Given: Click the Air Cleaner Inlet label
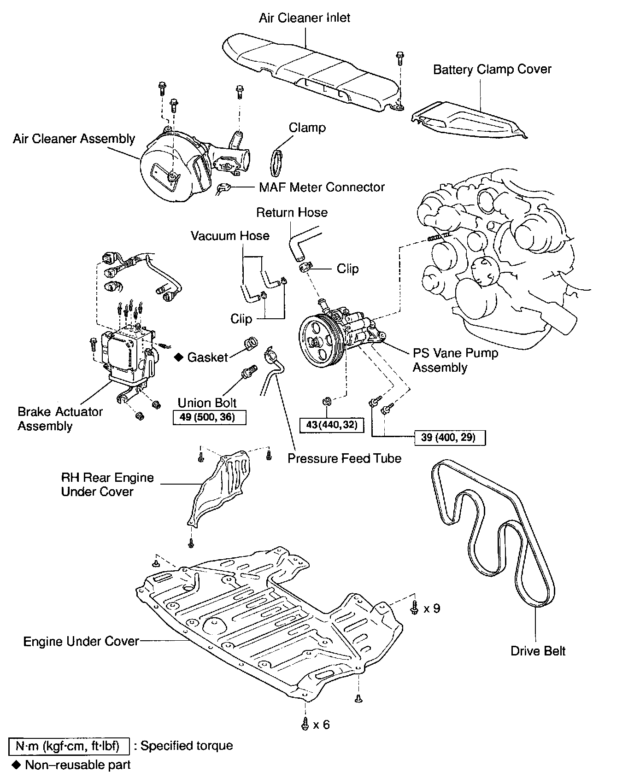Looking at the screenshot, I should coord(304,18).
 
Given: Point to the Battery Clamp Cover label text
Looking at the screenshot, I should coord(492,70).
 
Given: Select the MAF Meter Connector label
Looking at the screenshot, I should coord(322,187).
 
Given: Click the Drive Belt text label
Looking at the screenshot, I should coord(538,651).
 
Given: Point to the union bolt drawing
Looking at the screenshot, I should coord(247,372).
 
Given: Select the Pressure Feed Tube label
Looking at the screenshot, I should coord(344,458).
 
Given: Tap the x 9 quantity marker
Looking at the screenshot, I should coord(431,608).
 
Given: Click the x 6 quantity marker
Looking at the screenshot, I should coord(321,725).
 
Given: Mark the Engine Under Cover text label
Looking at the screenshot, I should coord(81,641).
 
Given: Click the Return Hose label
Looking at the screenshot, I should coord(292,212).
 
